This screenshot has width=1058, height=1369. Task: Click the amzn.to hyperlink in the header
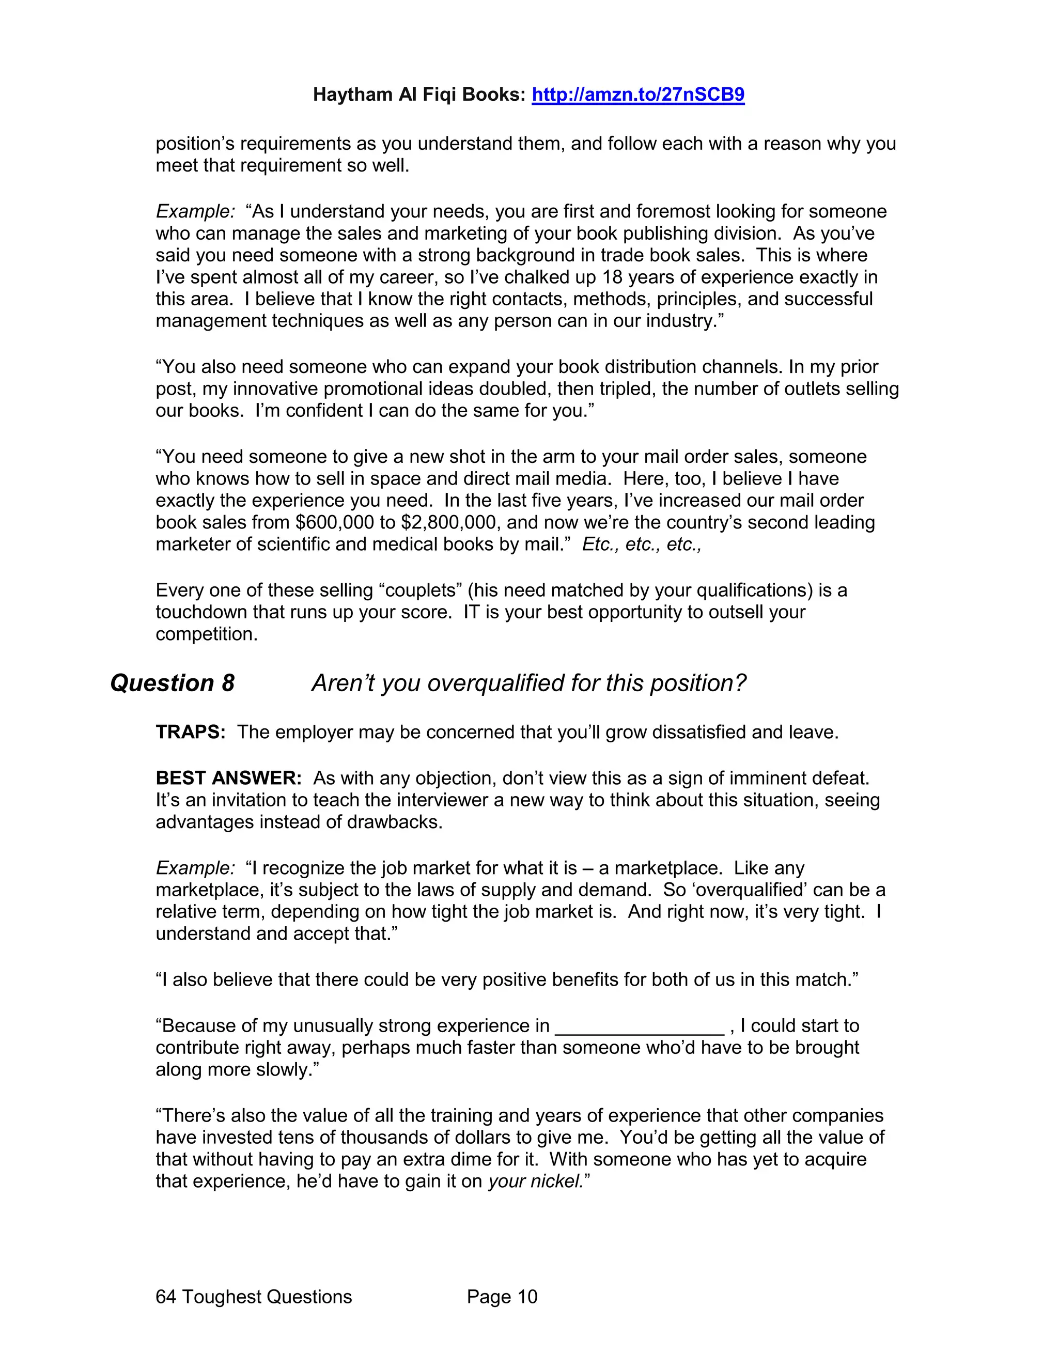(637, 95)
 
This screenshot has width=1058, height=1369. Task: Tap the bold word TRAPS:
(190, 732)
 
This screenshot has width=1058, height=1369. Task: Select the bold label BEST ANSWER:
(229, 779)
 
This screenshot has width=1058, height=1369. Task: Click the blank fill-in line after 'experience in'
(640, 1026)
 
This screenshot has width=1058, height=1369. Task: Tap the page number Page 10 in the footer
(502, 1297)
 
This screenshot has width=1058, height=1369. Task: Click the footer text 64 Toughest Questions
(253, 1297)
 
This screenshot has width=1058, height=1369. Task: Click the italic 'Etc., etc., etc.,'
(642, 544)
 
